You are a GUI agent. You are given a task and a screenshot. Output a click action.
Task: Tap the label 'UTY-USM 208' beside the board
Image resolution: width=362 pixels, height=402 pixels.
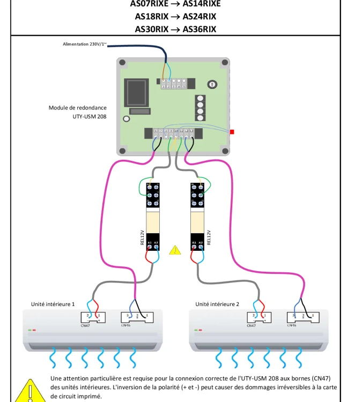tap(89, 116)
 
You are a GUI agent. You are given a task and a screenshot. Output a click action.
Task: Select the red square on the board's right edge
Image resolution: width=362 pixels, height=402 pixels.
tap(232, 131)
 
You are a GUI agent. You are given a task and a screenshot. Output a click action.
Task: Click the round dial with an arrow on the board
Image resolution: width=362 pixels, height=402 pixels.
tap(212, 85)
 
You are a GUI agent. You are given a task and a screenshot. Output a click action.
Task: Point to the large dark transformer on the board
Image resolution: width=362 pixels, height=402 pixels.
tap(134, 93)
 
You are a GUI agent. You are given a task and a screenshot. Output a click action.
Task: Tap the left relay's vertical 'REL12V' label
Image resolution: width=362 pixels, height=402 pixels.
tap(143, 237)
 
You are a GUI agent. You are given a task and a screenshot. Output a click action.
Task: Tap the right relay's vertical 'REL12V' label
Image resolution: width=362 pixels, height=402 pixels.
tap(209, 237)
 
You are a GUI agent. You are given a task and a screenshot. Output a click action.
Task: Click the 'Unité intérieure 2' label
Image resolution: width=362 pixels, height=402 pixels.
tap(217, 304)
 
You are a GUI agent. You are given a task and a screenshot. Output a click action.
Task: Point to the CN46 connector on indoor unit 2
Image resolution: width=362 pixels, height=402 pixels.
tap(298, 317)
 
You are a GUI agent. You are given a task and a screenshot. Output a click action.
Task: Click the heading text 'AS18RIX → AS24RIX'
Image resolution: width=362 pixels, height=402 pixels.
tap(175, 17)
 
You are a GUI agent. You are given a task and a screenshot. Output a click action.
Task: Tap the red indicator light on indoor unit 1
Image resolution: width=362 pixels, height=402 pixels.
tap(34, 330)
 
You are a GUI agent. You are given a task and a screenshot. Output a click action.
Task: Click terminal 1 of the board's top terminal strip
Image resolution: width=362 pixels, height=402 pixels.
tap(163, 86)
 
